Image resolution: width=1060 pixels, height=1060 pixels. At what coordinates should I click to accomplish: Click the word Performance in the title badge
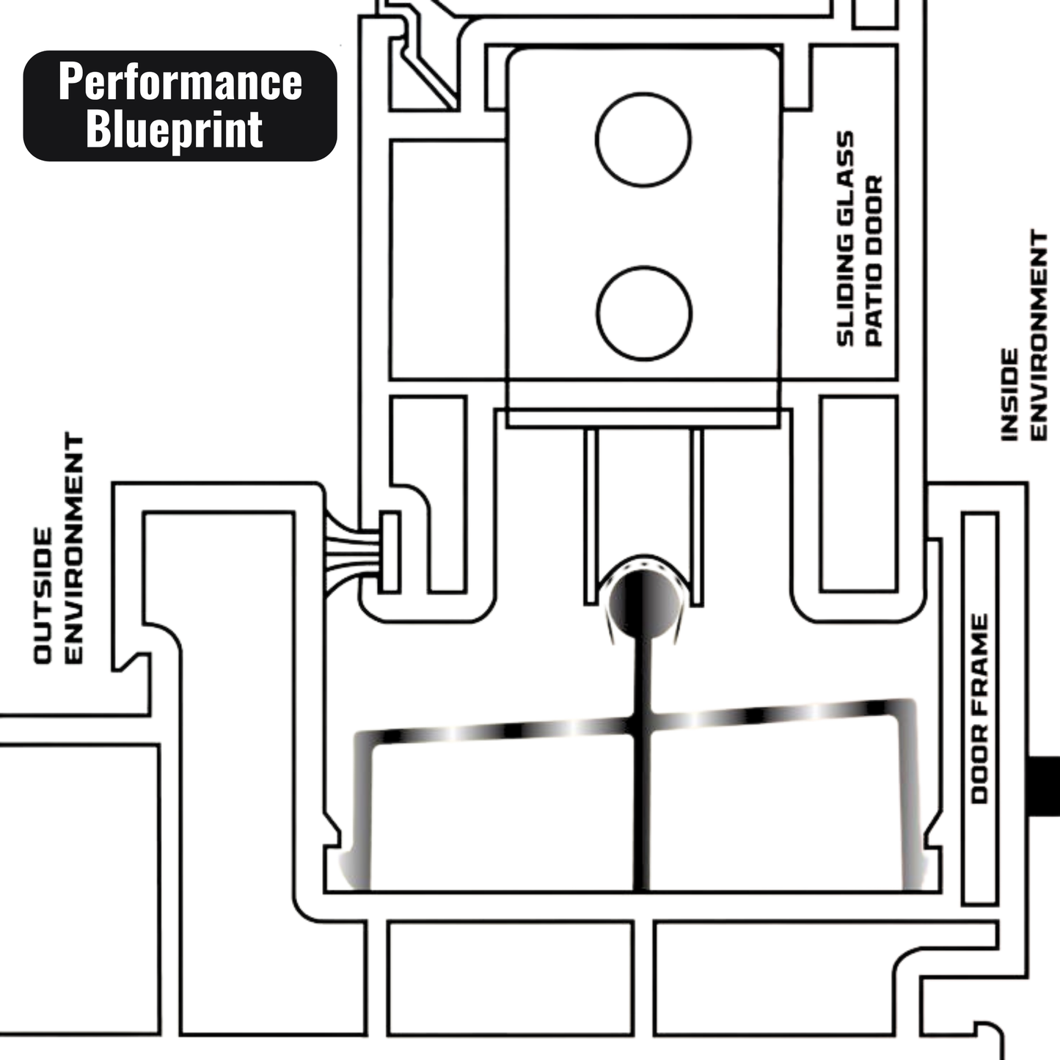point(180,81)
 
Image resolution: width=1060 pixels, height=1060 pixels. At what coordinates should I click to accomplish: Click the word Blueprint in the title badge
point(175,130)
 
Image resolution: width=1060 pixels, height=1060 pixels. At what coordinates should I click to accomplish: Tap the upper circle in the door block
point(643,139)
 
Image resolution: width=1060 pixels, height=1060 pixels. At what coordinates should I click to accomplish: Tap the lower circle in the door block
point(644,313)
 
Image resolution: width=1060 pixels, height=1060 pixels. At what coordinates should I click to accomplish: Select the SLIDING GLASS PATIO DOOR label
point(860,238)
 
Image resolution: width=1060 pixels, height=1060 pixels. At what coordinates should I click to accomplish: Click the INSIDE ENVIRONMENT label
point(1025,335)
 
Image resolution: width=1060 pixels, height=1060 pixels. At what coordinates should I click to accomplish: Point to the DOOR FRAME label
point(979,709)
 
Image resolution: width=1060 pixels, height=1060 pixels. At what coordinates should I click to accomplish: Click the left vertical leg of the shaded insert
point(362,814)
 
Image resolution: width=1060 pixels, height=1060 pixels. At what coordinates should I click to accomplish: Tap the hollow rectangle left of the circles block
point(447,260)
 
